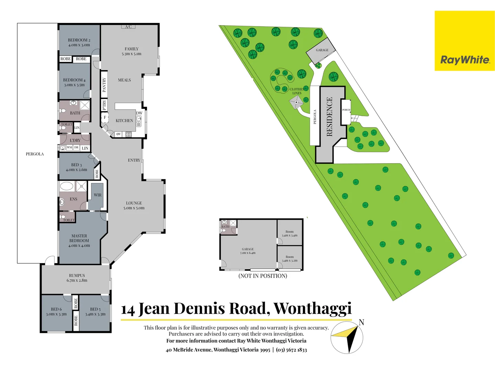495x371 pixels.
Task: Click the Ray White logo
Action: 465,60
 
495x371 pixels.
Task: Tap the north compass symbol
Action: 347,338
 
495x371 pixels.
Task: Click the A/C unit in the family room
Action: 128,26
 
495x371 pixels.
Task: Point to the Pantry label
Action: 104,85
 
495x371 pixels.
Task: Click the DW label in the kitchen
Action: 139,113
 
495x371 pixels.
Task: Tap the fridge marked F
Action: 105,117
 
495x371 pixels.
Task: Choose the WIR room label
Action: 98,195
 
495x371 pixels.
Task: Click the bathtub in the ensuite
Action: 67,187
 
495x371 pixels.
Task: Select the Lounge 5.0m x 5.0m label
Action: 134,205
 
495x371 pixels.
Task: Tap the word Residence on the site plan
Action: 329,117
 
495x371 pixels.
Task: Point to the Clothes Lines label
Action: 297,91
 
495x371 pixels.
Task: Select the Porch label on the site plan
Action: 346,110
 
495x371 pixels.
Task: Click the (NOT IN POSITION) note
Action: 263,276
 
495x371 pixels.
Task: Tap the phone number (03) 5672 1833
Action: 291,350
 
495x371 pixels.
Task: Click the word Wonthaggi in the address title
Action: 312,308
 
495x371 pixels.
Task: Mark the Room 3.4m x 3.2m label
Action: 290,259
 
